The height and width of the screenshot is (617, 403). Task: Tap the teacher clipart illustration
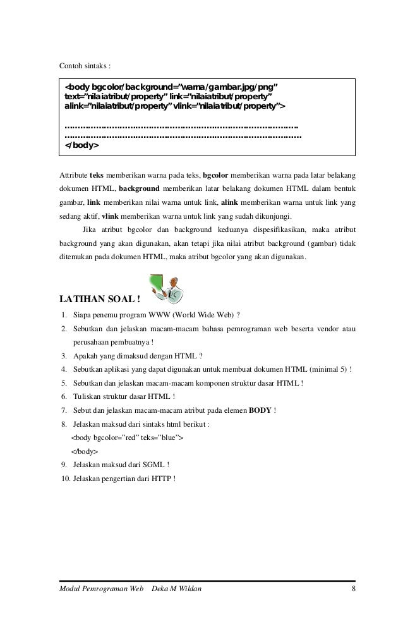(166, 289)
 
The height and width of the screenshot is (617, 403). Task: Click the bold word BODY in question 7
(260, 410)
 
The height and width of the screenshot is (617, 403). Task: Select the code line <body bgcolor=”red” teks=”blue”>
(128, 438)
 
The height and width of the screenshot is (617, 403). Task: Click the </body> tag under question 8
(85, 452)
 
